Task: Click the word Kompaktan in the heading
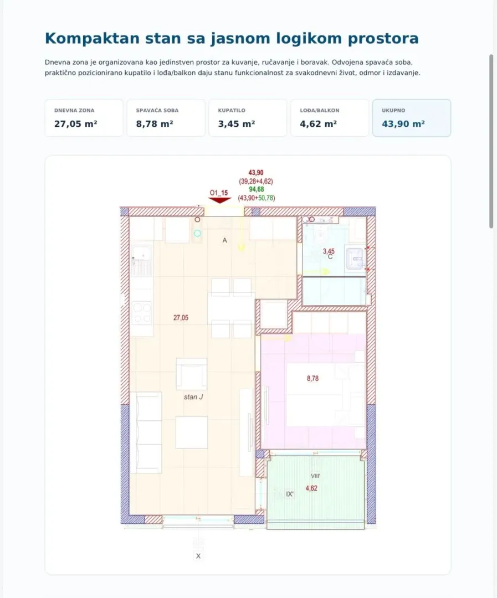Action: point(92,39)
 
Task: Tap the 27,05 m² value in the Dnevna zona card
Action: point(75,124)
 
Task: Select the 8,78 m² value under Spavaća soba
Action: point(155,124)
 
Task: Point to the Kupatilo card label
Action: point(232,110)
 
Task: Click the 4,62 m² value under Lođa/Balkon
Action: point(319,124)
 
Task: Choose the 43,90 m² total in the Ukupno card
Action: point(403,124)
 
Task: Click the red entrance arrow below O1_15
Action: point(220,200)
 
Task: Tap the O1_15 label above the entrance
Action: point(219,193)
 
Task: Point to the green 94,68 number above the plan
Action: point(257,189)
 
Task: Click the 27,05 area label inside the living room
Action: point(181,318)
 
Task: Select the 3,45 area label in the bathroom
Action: point(329,251)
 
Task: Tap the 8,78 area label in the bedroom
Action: point(312,378)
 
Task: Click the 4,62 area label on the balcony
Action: point(311,488)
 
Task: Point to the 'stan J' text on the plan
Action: point(193,397)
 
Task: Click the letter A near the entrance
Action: point(225,240)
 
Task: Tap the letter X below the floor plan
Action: point(198,556)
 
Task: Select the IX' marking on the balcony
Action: point(290,494)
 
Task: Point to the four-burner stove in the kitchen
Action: point(142,313)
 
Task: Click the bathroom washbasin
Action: point(355,259)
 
